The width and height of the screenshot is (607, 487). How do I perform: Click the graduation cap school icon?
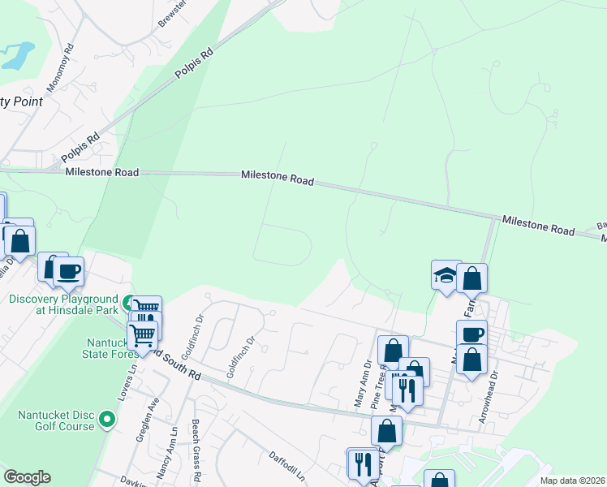(446, 276)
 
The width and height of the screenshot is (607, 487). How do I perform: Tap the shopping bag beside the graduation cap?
(471, 279)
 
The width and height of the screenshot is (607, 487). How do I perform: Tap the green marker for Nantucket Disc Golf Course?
(107, 420)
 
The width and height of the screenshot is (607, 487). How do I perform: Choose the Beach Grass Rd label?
(196, 450)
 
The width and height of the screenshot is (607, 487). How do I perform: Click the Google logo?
(27, 477)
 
